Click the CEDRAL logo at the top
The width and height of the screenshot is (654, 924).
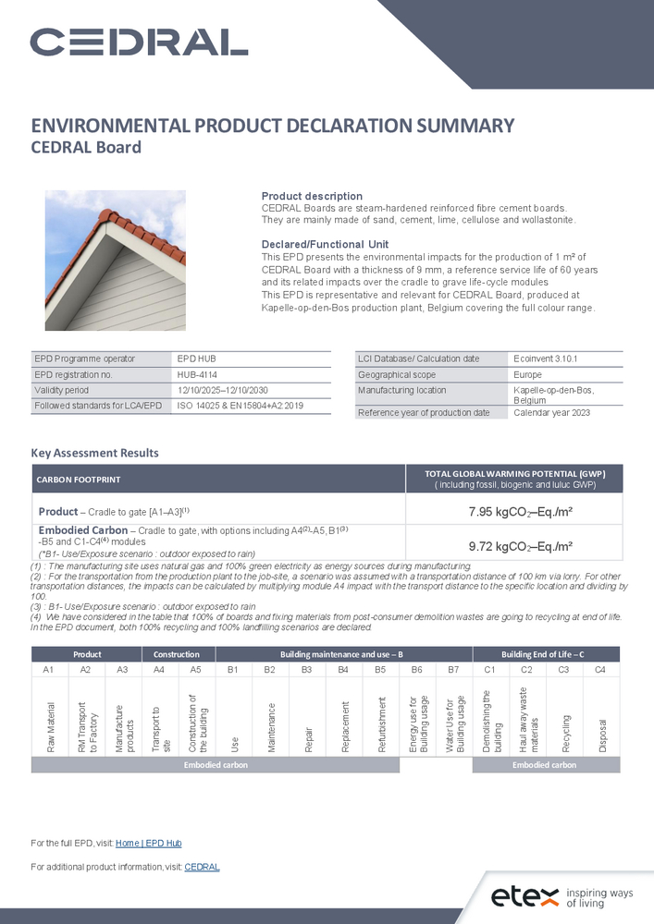(x=139, y=42)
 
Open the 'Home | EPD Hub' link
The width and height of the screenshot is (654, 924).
(x=148, y=844)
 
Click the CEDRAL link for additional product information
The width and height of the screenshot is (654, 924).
(x=202, y=867)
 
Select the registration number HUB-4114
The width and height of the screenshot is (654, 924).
(x=197, y=374)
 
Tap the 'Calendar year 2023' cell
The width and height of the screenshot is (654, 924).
(x=551, y=412)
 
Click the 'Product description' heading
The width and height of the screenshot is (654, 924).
(x=312, y=196)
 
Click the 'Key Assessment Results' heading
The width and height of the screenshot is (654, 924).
(x=94, y=453)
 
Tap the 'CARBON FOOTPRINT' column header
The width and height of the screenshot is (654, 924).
(x=79, y=480)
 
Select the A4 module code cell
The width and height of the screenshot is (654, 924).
(x=159, y=669)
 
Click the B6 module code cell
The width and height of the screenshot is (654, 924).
(x=416, y=669)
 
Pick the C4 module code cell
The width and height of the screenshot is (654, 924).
(x=600, y=669)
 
